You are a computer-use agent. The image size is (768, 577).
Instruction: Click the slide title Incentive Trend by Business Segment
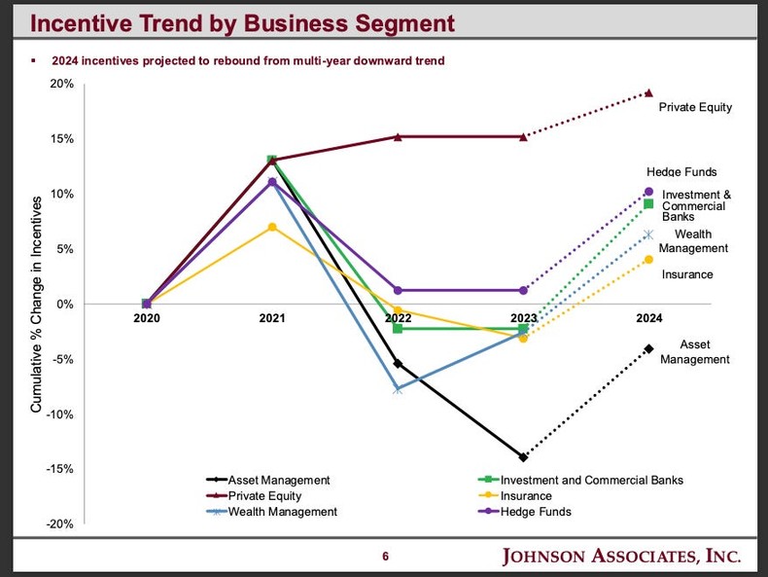[x=230, y=21]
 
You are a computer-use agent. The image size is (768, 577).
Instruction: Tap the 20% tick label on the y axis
[x=62, y=84]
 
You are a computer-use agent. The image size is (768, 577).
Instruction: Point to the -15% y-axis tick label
[x=60, y=469]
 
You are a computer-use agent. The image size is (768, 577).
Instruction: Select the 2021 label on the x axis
[x=272, y=318]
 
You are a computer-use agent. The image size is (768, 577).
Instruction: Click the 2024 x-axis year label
[x=648, y=318]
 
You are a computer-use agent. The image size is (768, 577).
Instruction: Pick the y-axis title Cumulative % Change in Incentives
[x=36, y=304]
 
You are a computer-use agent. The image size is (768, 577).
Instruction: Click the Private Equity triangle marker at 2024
[x=648, y=93]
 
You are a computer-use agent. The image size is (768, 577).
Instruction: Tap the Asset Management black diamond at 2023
[x=523, y=457]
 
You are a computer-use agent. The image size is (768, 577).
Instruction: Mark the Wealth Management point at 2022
[x=397, y=389]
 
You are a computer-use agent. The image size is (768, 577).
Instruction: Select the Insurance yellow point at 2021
[x=272, y=227]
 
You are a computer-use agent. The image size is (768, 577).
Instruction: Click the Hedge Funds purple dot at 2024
[x=648, y=192]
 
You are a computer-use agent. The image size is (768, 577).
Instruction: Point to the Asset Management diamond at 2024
[x=648, y=348]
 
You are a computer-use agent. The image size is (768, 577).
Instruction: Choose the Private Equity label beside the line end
[x=695, y=107]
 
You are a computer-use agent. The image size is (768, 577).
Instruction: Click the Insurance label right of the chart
[x=687, y=274]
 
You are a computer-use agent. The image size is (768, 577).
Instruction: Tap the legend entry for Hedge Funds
[x=536, y=512]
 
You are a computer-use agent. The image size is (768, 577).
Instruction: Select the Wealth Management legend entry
[x=282, y=512]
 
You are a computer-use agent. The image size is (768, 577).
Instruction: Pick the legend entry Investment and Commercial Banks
[x=591, y=480]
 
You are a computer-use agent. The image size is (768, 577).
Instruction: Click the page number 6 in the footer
[x=385, y=557]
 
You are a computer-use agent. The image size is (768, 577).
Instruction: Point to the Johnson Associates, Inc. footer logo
[x=621, y=557]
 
